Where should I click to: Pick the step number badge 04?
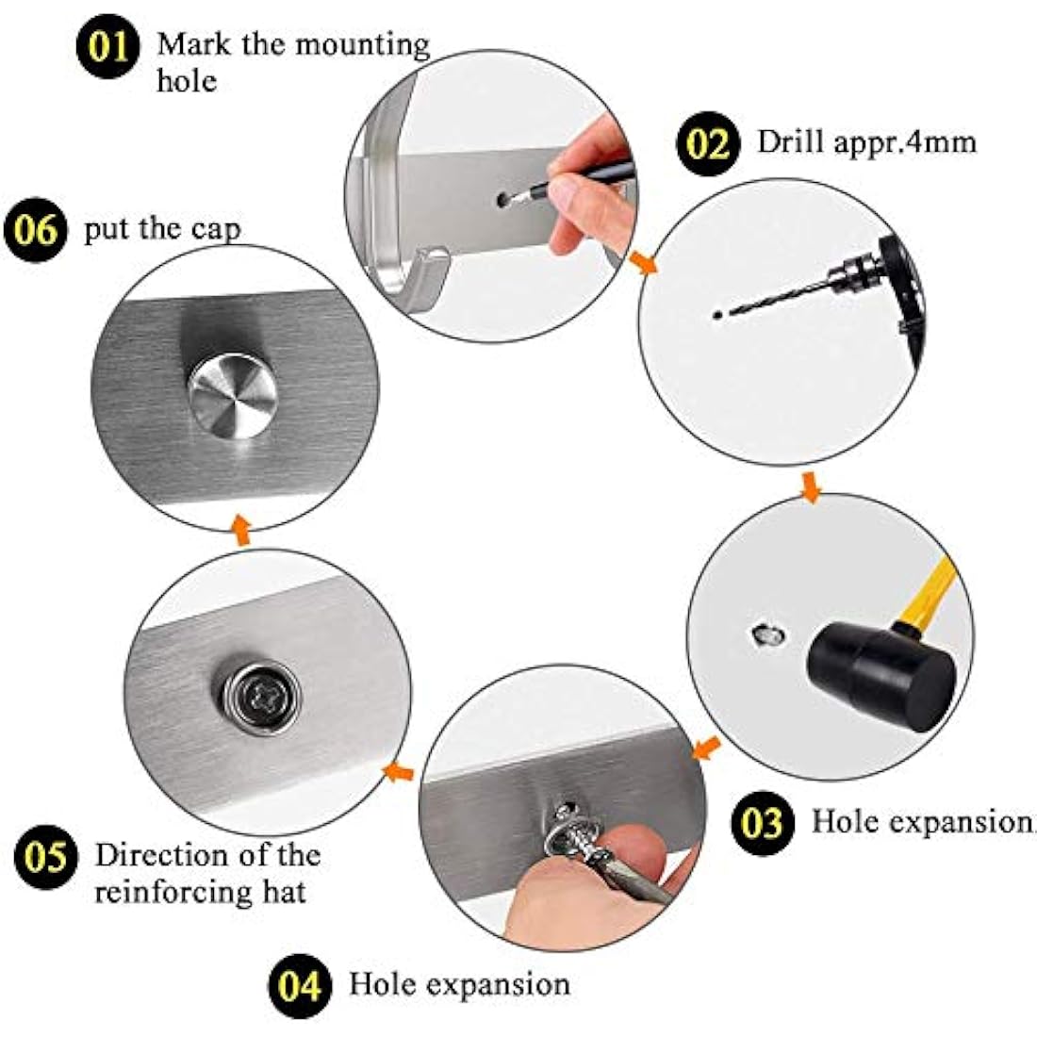tap(299, 985)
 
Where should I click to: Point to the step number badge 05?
tap(45, 858)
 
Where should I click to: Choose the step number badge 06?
tap(37, 230)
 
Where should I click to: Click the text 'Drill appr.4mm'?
tap(866, 142)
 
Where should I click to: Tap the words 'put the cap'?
tap(161, 229)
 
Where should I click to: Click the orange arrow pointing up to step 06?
tap(241, 528)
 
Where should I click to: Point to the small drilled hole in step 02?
tap(717, 313)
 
